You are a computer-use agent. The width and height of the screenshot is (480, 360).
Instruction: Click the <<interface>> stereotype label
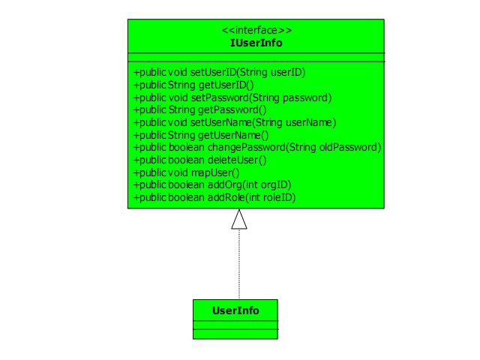pyautogui.click(x=256, y=30)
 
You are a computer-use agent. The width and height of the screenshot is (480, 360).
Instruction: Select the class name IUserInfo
pyautogui.click(x=256, y=43)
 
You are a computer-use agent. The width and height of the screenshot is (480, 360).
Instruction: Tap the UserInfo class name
pyautogui.click(x=235, y=310)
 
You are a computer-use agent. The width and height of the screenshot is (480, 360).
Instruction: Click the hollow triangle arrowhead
pyautogui.click(x=239, y=219)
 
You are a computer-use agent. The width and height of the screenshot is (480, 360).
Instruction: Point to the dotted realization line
pyautogui.click(x=239, y=264)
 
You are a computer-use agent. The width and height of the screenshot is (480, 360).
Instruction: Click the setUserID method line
pyautogui.click(x=220, y=73)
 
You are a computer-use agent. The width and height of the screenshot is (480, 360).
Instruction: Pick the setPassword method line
pyautogui.click(x=232, y=97)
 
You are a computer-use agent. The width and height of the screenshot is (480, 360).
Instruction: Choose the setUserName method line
pyautogui.click(x=235, y=123)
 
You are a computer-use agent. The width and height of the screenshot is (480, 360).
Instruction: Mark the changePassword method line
pyautogui.click(x=257, y=148)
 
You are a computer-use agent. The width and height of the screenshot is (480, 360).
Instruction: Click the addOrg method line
pyautogui.click(x=212, y=185)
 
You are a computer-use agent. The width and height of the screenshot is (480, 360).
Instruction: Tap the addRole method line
pyautogui.click(x=214, y=198)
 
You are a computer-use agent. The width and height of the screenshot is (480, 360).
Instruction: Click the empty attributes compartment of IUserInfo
pyautogui.click(x=256, y=57)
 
